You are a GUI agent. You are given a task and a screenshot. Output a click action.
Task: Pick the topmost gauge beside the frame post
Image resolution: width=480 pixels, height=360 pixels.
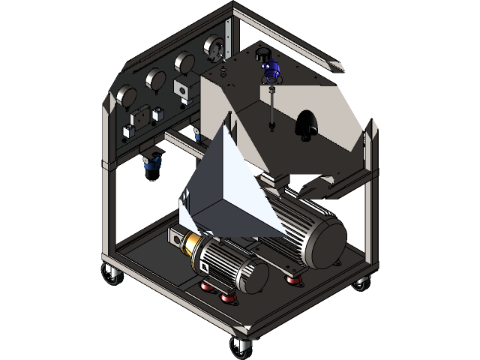214,46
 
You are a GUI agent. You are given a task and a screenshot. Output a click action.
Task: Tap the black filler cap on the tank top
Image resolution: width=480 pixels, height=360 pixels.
263,54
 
